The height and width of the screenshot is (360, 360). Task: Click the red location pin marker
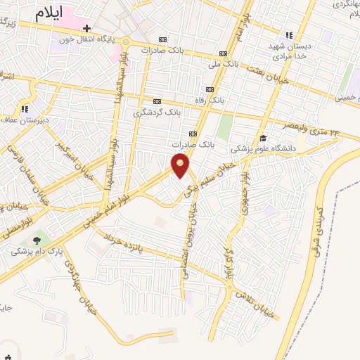coord(181,165)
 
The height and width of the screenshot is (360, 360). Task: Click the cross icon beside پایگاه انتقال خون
coord(86,28)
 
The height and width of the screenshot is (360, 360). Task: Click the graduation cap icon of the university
coord(263,138)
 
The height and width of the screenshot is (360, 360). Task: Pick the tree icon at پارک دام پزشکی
coord(37,240)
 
